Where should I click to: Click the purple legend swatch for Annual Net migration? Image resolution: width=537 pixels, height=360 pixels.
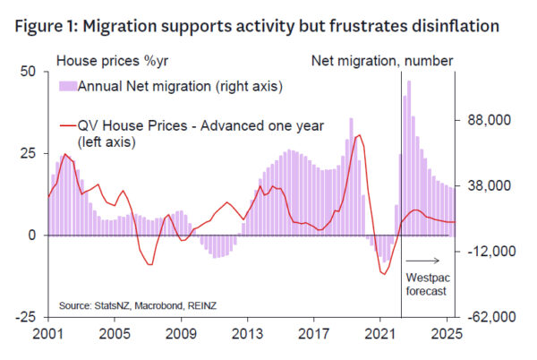tap(67, 86)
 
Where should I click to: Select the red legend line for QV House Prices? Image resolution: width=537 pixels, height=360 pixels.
tap(67, 124)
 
